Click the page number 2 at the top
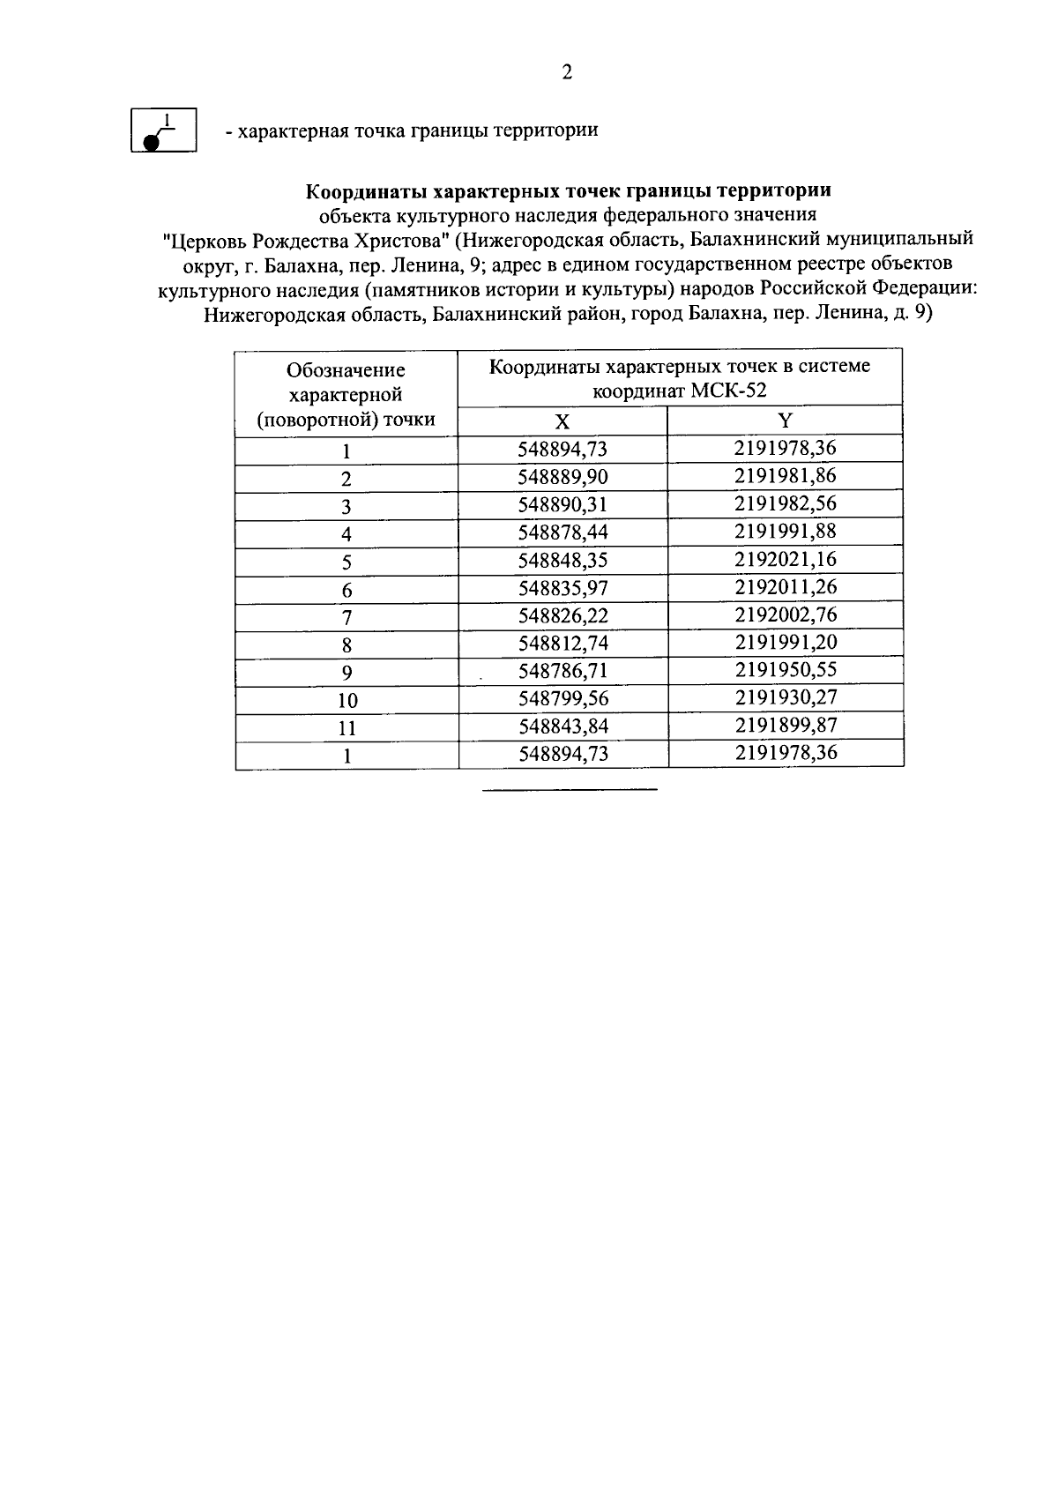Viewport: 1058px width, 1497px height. pos(567,73)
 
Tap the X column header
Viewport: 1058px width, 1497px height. pos(563,421)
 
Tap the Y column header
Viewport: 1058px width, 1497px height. pos(785,421)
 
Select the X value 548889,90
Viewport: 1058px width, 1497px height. pos(563,477)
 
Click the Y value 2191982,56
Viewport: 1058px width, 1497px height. pos(785,503)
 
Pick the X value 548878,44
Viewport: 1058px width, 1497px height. pos(563,533)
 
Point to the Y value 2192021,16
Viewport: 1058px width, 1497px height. pos(785,559)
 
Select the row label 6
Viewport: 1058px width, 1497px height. pos(346,590)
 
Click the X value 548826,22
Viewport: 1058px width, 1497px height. pos(563,615)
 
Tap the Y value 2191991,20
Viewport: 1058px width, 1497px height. pos(785,642)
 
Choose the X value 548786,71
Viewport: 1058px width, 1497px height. pos(563,671)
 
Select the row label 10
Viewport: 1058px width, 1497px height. pos(346,701)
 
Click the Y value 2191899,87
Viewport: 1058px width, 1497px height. pos(785,725)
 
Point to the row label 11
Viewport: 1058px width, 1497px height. pos(346,728)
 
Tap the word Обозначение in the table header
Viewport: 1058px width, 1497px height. pos(346,370)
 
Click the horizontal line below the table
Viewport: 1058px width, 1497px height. pos(569,788)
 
